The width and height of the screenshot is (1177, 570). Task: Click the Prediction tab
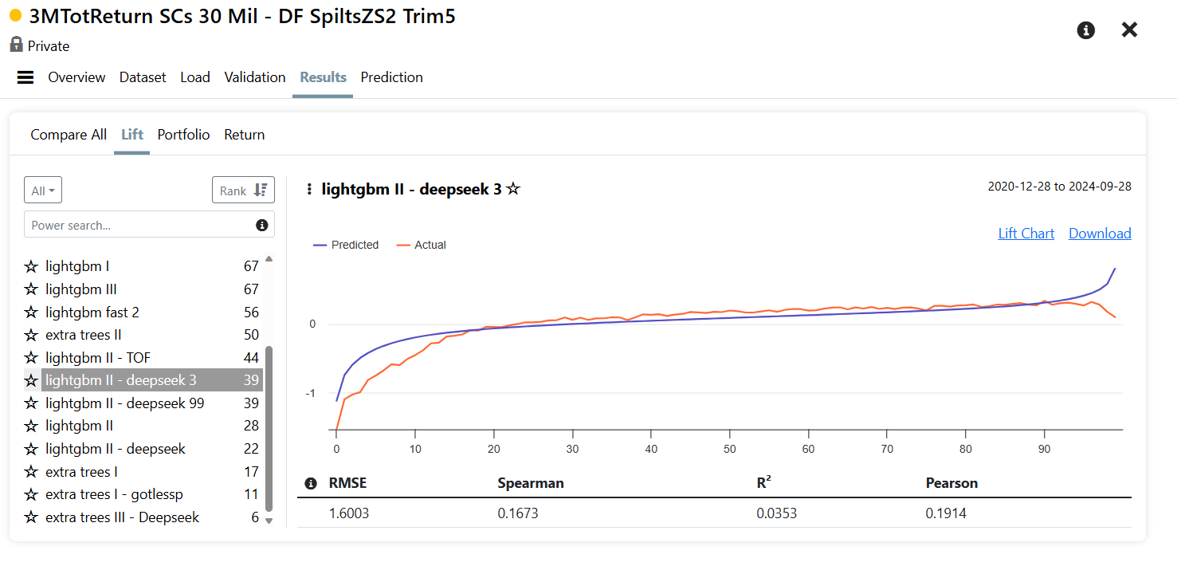[391, 77]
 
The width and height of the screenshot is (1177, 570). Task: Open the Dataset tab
[143, 77]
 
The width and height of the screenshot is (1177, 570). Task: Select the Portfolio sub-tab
[183, 135]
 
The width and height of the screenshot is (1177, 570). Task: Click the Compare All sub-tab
[69, 135]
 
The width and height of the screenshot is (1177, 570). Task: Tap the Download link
[1100, 234]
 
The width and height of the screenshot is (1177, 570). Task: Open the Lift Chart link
[1026, 234]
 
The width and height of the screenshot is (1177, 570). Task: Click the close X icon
[1129, 29]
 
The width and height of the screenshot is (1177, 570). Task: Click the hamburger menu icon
[26, 77]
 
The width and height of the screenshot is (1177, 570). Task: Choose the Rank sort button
[243, 190]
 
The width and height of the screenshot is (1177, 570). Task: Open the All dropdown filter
[42, 190]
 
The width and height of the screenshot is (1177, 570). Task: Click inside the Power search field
[139, 225]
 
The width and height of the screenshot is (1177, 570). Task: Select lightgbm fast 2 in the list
[92, 313]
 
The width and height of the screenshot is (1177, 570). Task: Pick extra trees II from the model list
[84, 335]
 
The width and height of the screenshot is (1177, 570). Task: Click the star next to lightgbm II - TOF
[31, 358]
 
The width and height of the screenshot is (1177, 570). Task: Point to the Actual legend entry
[422, 245]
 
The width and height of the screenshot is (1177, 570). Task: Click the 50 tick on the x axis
[729, 449]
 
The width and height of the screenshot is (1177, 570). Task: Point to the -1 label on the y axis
[311, 393]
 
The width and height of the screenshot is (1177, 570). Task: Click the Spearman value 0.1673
[518, 513]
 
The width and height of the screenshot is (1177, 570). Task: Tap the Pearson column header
[951, 483]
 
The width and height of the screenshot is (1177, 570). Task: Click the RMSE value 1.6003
[349, 513]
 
